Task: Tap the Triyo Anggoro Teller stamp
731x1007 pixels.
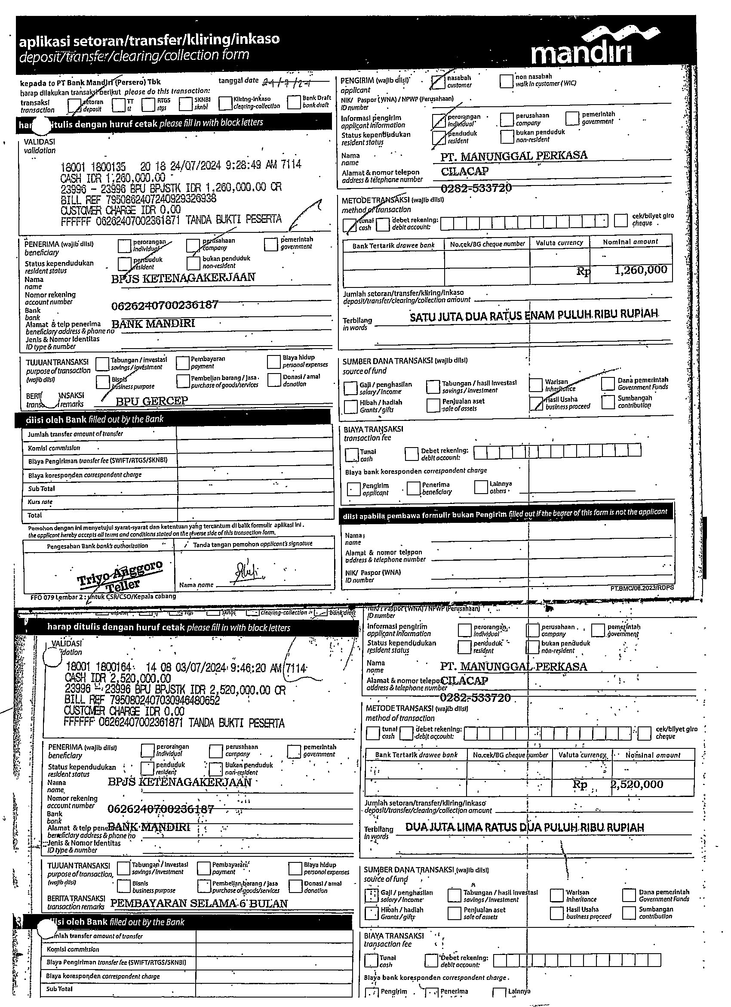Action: tap(120, 576)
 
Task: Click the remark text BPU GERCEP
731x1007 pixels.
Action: tap(152, 401)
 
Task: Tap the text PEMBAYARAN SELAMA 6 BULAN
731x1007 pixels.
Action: tap(199, 903)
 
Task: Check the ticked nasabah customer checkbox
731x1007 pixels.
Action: tap(438, 81)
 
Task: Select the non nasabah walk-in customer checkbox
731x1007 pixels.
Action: tap(506, 81)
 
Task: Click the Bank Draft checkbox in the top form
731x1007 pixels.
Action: tap(294, 102)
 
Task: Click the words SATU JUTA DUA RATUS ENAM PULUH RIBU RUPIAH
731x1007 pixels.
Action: tap(534, 315)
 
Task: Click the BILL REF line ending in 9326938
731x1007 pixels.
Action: tap(138, 199)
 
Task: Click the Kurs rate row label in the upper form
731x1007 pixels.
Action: tap(40, 502)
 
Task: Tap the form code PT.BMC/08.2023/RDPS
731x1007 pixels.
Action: tap(642, 588)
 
